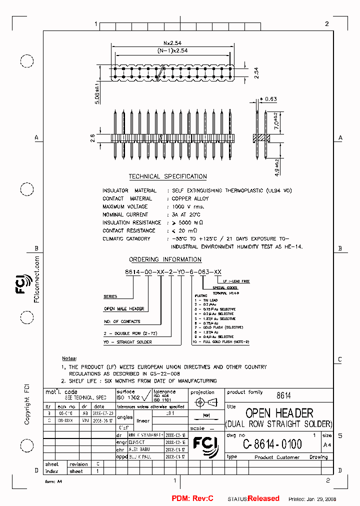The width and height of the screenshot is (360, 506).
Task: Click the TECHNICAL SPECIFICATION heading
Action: [167, 176]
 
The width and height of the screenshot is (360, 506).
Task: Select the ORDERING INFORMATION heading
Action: [165, 259]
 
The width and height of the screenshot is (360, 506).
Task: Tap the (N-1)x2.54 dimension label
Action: [172, 50]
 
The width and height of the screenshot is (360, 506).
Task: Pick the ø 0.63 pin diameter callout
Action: [269, 99]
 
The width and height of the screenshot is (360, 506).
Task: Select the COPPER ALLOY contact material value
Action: [190, 198]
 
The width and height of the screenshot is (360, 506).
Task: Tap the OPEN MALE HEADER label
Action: [123, 309]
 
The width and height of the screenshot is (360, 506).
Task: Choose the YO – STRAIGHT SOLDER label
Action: [127, 342]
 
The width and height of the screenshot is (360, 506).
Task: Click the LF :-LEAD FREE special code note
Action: [237, 281]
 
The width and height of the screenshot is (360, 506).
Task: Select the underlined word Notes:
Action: [69, 358]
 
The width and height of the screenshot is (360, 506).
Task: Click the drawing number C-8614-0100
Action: [272, 444]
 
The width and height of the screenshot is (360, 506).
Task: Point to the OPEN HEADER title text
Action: [279, 413]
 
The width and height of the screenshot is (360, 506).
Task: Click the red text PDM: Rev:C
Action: [192, 498]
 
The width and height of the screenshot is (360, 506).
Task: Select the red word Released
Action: [263, 498]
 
